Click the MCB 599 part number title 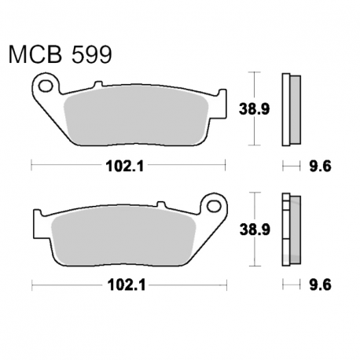tap(61, 54)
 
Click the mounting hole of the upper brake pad tap(46, 86)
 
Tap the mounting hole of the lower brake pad tap(214, 206)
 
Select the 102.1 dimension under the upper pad tap(125, 166)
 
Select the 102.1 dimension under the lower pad tap(127, 285)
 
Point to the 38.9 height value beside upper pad tap(254, 109)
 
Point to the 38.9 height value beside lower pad tap(255, 230)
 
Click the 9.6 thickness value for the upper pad tap(320, 166)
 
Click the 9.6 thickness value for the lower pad tap(320, 285)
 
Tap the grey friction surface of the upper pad tap(136, 116)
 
